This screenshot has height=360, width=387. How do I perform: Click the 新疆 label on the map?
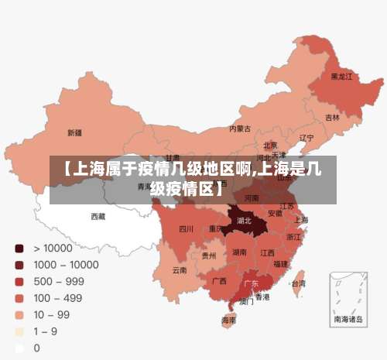(74, 132)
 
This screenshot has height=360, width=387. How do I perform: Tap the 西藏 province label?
(98, 216)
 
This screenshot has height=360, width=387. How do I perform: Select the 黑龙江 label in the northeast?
(341, 77)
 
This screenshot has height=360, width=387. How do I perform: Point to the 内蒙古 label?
(241, 129)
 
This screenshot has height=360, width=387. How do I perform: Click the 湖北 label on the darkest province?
(244, 221)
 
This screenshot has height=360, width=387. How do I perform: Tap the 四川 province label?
(186, 229)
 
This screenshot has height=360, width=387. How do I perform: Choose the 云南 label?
(180, 270)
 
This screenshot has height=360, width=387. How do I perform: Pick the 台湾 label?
(297, 283)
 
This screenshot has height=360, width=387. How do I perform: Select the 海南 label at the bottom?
(228, 320)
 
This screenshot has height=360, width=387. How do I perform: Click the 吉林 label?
(332, 118)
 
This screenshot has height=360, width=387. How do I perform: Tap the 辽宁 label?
(307, 138)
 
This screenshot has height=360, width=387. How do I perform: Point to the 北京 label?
(270, 145)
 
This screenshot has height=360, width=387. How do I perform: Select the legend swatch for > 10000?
(17, 249)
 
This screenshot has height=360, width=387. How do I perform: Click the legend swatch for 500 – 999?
(17, 281)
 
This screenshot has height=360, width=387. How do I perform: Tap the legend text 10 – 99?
(52, 314)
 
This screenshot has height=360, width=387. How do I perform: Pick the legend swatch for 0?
(17, 347)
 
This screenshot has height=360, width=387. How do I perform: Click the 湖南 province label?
(239, 252)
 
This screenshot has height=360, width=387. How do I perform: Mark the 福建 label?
(280, 264)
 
